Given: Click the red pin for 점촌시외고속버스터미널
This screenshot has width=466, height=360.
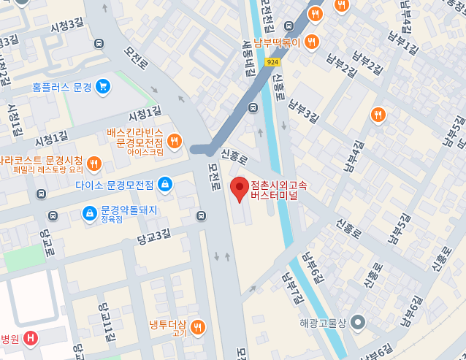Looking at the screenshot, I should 239,189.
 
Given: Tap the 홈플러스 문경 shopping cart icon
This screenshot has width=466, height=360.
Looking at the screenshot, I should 102,86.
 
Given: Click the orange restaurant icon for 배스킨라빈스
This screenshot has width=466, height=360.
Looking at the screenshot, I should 174,141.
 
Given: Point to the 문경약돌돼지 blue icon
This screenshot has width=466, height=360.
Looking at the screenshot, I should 89,213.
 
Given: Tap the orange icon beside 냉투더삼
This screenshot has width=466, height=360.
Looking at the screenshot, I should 197,327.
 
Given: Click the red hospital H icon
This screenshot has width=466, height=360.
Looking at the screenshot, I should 31,338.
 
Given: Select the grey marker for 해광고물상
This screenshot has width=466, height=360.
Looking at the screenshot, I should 357,321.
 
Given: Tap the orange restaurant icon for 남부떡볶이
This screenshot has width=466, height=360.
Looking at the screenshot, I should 312,41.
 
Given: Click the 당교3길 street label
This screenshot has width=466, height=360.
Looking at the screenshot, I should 153,235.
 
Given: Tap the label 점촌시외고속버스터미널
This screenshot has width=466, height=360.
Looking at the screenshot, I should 278,190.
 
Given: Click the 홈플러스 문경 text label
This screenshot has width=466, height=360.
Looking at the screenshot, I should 62,87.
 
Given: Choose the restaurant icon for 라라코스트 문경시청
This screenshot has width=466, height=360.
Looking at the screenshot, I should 93,163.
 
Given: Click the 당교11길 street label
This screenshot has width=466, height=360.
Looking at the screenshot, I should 108,320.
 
